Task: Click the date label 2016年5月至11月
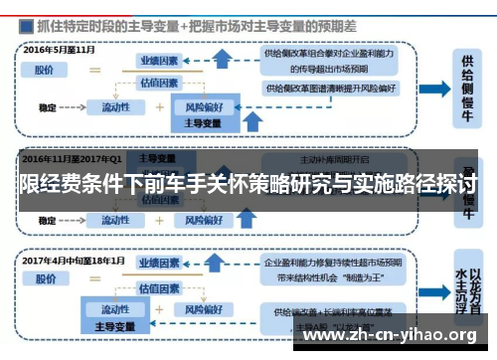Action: click(x=59, y=48)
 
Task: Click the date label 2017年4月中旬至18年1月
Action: click(x=74, y=261)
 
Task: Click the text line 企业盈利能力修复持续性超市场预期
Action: click(x=328, y=264)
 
